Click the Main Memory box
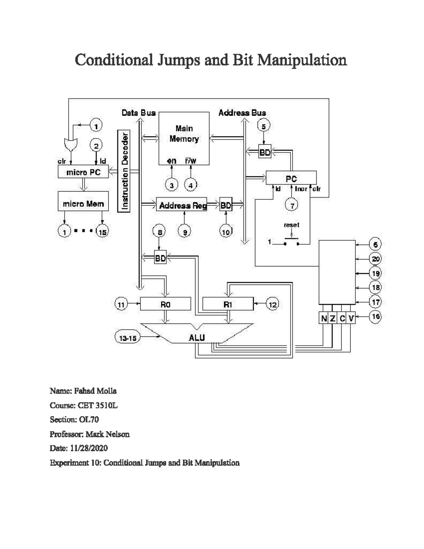[x=184, y=138]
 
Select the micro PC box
[x=83, y=172]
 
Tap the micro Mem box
[x=83, y=204]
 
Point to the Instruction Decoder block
[x=124, y=171]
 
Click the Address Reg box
[x=182, y=205]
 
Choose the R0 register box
[x=165, y=304]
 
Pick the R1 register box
[x=228, y=304]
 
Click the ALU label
[x=196, y=338]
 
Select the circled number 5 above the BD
[x=263, y=125]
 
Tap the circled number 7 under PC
[x=291, y=205]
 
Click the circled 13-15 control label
[x=128, y=338]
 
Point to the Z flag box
[x=333, y=319]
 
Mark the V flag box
[x=351, y=319]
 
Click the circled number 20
[x=375, y=259]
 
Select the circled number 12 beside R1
[x=272, y=304]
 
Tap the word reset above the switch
[x=291, y=225]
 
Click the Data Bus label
[x=139, y=113]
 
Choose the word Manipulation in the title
[x=302, y=60]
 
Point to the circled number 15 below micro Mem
[x=102, y=232]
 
